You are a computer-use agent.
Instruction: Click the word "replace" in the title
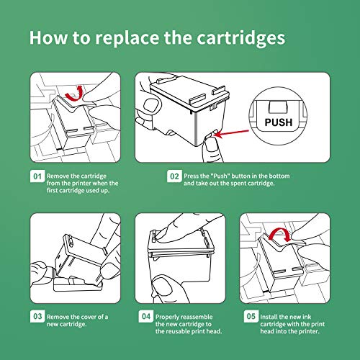(x=127, y=38)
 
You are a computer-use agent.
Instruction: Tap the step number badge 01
(x=37, y=176)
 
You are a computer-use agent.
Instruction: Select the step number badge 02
(x=174, y=176)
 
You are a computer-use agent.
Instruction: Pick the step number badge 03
(x=37, y=316)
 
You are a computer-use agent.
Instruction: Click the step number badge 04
(x=146, y=316)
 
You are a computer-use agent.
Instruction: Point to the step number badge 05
(x=251, y=316)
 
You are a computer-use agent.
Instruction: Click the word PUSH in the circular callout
(x=279, y=122)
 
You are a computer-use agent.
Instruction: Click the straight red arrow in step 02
(x=232, y=133)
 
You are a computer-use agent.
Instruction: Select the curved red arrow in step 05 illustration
(x=280, y=234)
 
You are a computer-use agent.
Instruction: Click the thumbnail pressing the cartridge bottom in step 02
(x=211, y=146)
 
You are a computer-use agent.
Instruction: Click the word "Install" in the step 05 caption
(x=269, y=317)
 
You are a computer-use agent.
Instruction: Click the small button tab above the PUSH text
(x=278, y=107)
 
